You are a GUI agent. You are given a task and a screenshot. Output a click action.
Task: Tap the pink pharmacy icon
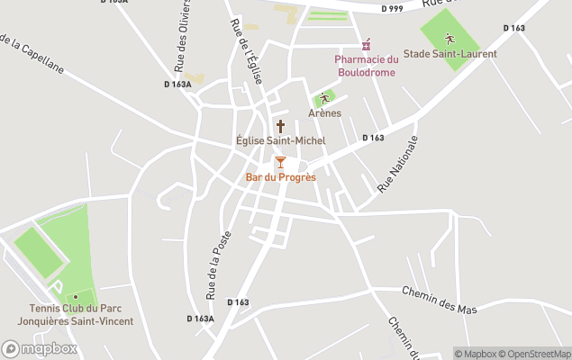366,45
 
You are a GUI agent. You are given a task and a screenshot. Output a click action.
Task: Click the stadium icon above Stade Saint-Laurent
449,39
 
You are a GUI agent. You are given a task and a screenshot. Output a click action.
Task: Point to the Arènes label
324,113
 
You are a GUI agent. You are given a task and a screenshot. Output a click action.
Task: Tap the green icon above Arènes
324,98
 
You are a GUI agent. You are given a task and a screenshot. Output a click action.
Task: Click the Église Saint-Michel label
280,141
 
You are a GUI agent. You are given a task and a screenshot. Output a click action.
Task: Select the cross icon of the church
280,126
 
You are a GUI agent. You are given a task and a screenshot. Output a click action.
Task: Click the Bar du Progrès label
280,177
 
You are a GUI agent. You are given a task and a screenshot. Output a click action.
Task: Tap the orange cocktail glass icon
280,162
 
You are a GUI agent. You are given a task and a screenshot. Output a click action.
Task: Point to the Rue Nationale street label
397,163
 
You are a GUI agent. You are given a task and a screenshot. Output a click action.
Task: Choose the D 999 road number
391,8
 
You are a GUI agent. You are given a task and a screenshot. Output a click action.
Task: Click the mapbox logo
40,348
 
